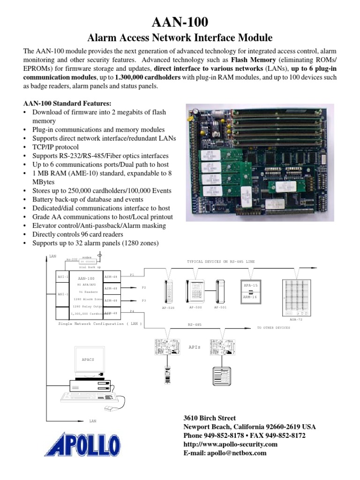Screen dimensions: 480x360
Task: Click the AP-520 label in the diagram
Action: click(169, 308)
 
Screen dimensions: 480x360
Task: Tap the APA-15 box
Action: click(250, 285)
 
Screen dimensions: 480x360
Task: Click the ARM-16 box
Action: click(250, 297)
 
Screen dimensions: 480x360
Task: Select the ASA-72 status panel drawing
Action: click(296, 297)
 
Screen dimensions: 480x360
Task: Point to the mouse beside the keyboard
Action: click(109, 409)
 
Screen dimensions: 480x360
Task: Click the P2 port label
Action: click(144, 287)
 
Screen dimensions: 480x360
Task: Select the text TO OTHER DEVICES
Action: click(274, 328)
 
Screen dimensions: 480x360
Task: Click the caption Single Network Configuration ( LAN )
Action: click(100, 324)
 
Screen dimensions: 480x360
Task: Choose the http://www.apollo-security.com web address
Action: click(230, 444)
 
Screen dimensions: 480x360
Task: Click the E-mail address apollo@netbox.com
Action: click(225, 453)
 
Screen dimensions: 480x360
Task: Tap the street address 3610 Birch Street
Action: click(209, 418)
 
